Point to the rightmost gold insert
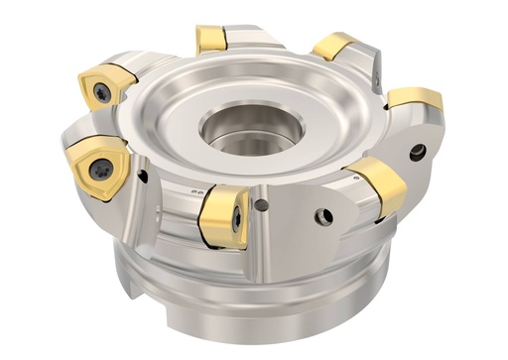[x=416, y=98]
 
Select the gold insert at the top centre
[x=212, y=39]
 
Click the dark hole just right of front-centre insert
[x=261, y=206]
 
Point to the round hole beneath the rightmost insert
[x=418, y=152]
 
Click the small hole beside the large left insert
[x=143, y=177]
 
